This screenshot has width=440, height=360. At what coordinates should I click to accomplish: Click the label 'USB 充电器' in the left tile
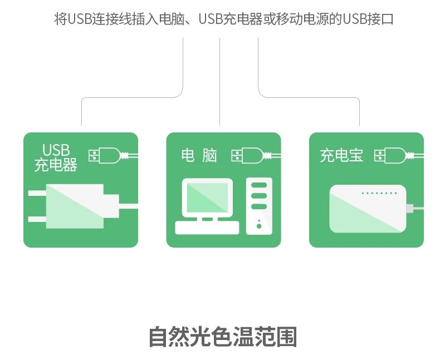tap(56, 157)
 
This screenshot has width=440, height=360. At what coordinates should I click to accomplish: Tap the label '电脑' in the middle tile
tap(199, 156)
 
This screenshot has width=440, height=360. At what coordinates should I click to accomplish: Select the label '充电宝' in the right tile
tap(341, 156)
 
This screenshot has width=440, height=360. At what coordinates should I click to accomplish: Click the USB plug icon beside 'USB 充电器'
tap(113, 156)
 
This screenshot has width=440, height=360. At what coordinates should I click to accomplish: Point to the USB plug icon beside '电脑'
tap(256, 156)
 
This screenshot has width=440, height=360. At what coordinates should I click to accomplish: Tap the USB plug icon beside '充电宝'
tap(399, 156)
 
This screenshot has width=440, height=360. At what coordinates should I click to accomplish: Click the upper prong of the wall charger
tap(37, 193)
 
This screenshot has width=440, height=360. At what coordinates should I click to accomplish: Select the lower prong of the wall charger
tap(37, 219)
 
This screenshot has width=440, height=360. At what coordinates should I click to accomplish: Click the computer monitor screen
tap(207, 198)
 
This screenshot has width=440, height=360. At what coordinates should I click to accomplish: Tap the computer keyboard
tap(207, 228)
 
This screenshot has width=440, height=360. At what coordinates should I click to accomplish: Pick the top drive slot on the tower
tap(259, 186)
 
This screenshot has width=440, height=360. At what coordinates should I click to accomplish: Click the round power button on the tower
tap(259, 226)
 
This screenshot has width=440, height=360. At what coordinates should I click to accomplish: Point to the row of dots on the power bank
tap(379, 193)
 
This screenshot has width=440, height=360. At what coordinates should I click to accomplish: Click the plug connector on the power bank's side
tap(409, 209)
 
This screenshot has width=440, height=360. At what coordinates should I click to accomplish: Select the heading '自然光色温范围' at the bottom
tap(223, 337)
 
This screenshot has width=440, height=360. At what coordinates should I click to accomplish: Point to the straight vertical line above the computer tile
tap(219, 82)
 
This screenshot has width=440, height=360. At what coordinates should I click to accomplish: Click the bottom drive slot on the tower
tap(259, 207)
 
